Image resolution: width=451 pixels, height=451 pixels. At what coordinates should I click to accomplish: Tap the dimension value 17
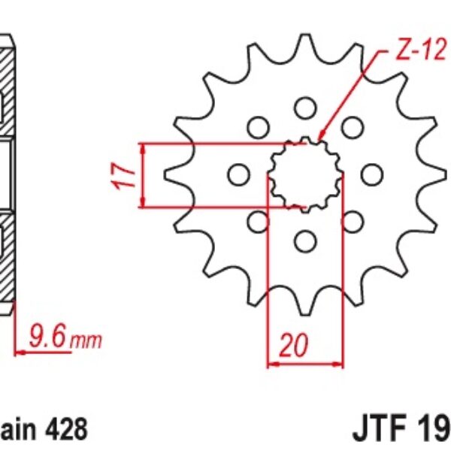coord(126,174)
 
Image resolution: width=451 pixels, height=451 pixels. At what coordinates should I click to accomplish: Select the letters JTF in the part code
coord(377,429)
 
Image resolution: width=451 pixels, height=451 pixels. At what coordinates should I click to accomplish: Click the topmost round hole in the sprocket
coord(304,107)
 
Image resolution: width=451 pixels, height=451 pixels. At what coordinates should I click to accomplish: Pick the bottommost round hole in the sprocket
coord(304,241)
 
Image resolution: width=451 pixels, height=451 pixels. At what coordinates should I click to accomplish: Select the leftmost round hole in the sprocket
coord(238,175)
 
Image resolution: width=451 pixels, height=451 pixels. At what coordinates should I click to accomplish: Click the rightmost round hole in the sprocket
coord(371,174)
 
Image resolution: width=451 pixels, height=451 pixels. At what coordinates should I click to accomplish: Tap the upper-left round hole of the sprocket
coord(258,127)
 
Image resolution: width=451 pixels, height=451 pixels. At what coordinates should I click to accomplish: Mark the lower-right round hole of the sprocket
coord(351,222)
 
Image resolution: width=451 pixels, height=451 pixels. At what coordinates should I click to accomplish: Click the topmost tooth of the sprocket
coord(304,42)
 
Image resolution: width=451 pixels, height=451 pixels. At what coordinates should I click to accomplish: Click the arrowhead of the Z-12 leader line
coord(322,138)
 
